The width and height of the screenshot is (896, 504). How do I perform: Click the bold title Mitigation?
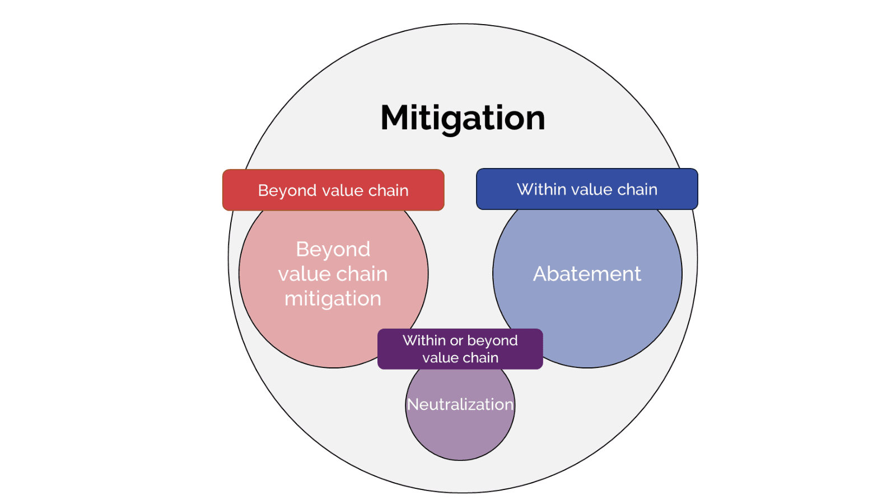click(463, 118)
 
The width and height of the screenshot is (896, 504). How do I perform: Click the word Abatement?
click(587, 274)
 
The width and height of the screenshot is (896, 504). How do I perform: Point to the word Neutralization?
click(460, 404)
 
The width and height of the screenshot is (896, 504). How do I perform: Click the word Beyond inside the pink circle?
click(333, 249)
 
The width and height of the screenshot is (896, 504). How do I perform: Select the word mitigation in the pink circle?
click(333, 298)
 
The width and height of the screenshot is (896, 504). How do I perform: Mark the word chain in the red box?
click(388, 190)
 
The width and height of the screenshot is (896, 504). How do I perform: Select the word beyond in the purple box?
click(492, 340)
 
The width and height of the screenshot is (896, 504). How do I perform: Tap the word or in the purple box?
click(456, 340)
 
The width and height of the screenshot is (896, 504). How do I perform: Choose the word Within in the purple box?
click(424, 340)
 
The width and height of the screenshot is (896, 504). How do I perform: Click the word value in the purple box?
click(438, 358)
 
